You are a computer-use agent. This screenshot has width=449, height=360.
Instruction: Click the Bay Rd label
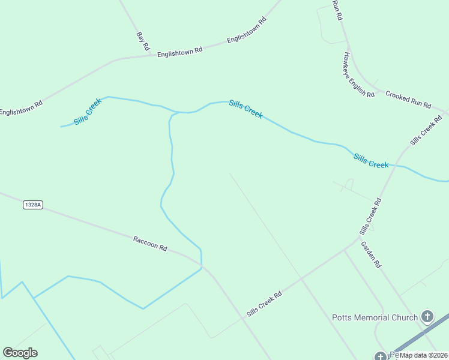click(143, 40)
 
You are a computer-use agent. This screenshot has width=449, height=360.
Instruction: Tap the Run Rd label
click(337, 10)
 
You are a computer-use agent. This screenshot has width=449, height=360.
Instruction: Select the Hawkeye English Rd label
click(358, 75)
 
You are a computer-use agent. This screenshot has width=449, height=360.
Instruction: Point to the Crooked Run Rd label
click(408, 99)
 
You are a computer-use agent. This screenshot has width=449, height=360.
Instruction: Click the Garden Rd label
click(370, 254)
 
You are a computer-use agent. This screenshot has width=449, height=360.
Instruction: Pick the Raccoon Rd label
click(150, 243)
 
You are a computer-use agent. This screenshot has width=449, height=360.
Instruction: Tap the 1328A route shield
click(33, 205)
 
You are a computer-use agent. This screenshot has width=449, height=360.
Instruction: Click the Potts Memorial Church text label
click(375, 317)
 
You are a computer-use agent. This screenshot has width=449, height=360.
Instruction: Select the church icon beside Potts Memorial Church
click(427, 316)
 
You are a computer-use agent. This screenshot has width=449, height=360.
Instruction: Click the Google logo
click(20, 353)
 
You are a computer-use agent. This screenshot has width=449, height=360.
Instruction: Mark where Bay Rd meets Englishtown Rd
click(150, 56)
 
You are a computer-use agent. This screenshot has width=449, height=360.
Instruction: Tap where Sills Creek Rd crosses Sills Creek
click(394, 166)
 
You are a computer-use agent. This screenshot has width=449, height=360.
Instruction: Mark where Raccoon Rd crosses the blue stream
click(200, 263)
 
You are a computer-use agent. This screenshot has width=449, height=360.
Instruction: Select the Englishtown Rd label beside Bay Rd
click(179, 53)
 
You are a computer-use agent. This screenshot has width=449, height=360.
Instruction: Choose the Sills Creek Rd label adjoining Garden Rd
click(370, 217)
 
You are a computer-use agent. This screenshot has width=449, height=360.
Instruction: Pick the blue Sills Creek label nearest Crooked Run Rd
click(370, 160)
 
